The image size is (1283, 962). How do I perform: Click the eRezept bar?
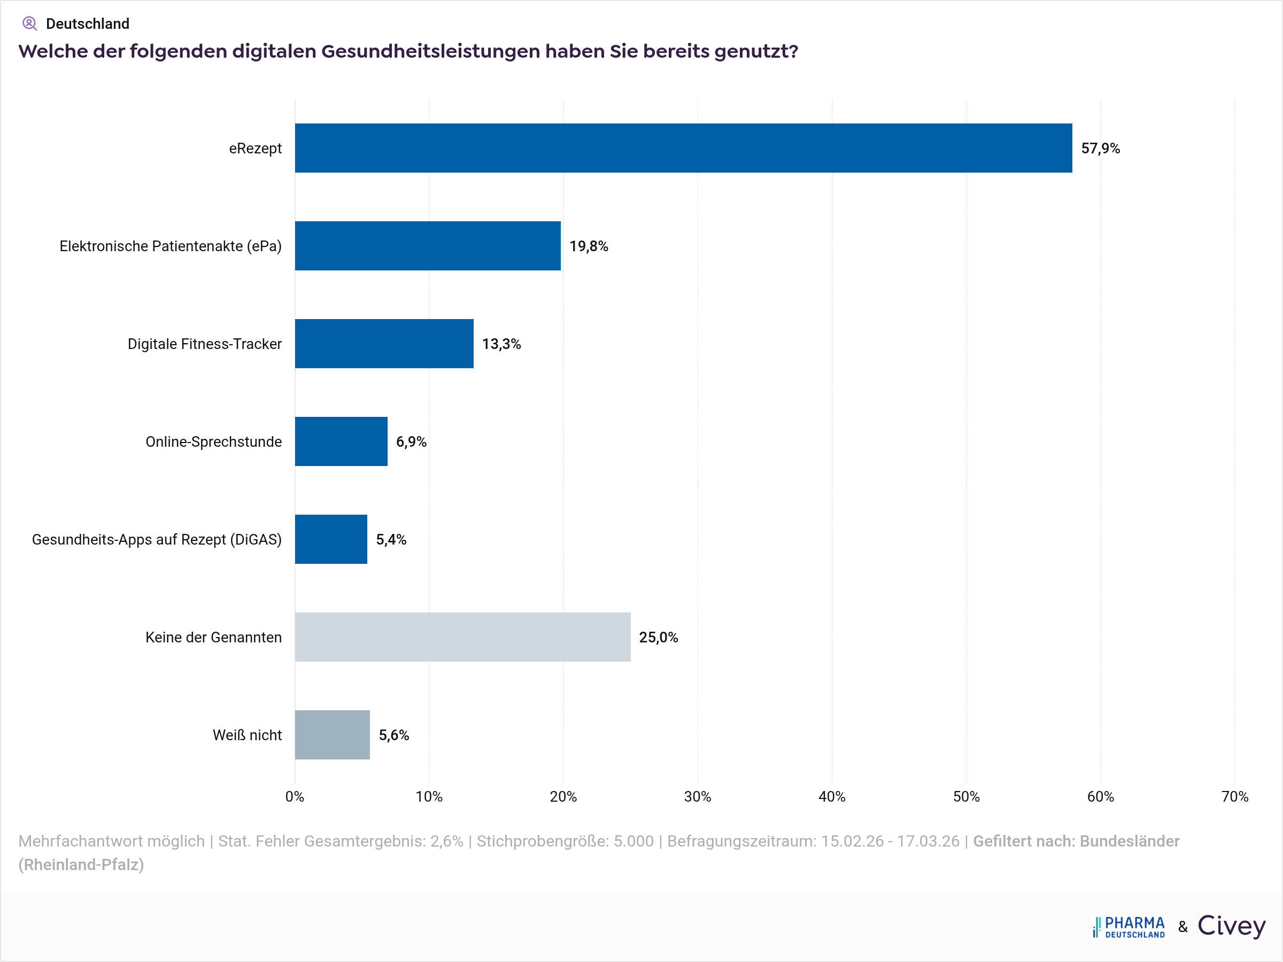tap(683, 148)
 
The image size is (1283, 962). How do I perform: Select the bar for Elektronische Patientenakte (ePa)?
tap(428, 246)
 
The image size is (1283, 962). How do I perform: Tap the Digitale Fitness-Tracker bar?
tap(384, 343)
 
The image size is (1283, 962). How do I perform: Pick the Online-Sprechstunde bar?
tap(341, 441)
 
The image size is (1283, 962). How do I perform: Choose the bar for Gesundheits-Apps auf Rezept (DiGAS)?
tap(330, 539)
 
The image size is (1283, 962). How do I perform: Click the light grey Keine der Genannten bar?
tap(462, 637)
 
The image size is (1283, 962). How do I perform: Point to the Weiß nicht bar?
tap(333, 735)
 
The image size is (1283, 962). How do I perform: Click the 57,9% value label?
tap(1100, 149)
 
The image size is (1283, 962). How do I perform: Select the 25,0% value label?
tap(658, 637)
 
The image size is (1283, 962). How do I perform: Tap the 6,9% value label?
tap(411, 442)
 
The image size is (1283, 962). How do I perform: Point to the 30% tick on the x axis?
tap(697, 797)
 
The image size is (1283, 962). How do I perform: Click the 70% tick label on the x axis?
tap(1235, 797)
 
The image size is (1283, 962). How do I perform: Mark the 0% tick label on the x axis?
tap(295, 797)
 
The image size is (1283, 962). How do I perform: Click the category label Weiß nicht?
tap(247, 735)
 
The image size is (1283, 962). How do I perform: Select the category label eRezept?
tap(255, 149)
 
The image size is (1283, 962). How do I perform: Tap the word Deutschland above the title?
tap(88, 24)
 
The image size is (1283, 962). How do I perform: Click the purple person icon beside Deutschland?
tap(29, 24)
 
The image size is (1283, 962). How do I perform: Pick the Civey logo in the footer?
tap(1231, 926)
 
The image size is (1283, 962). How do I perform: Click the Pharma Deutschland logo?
tap(1129, 927)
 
